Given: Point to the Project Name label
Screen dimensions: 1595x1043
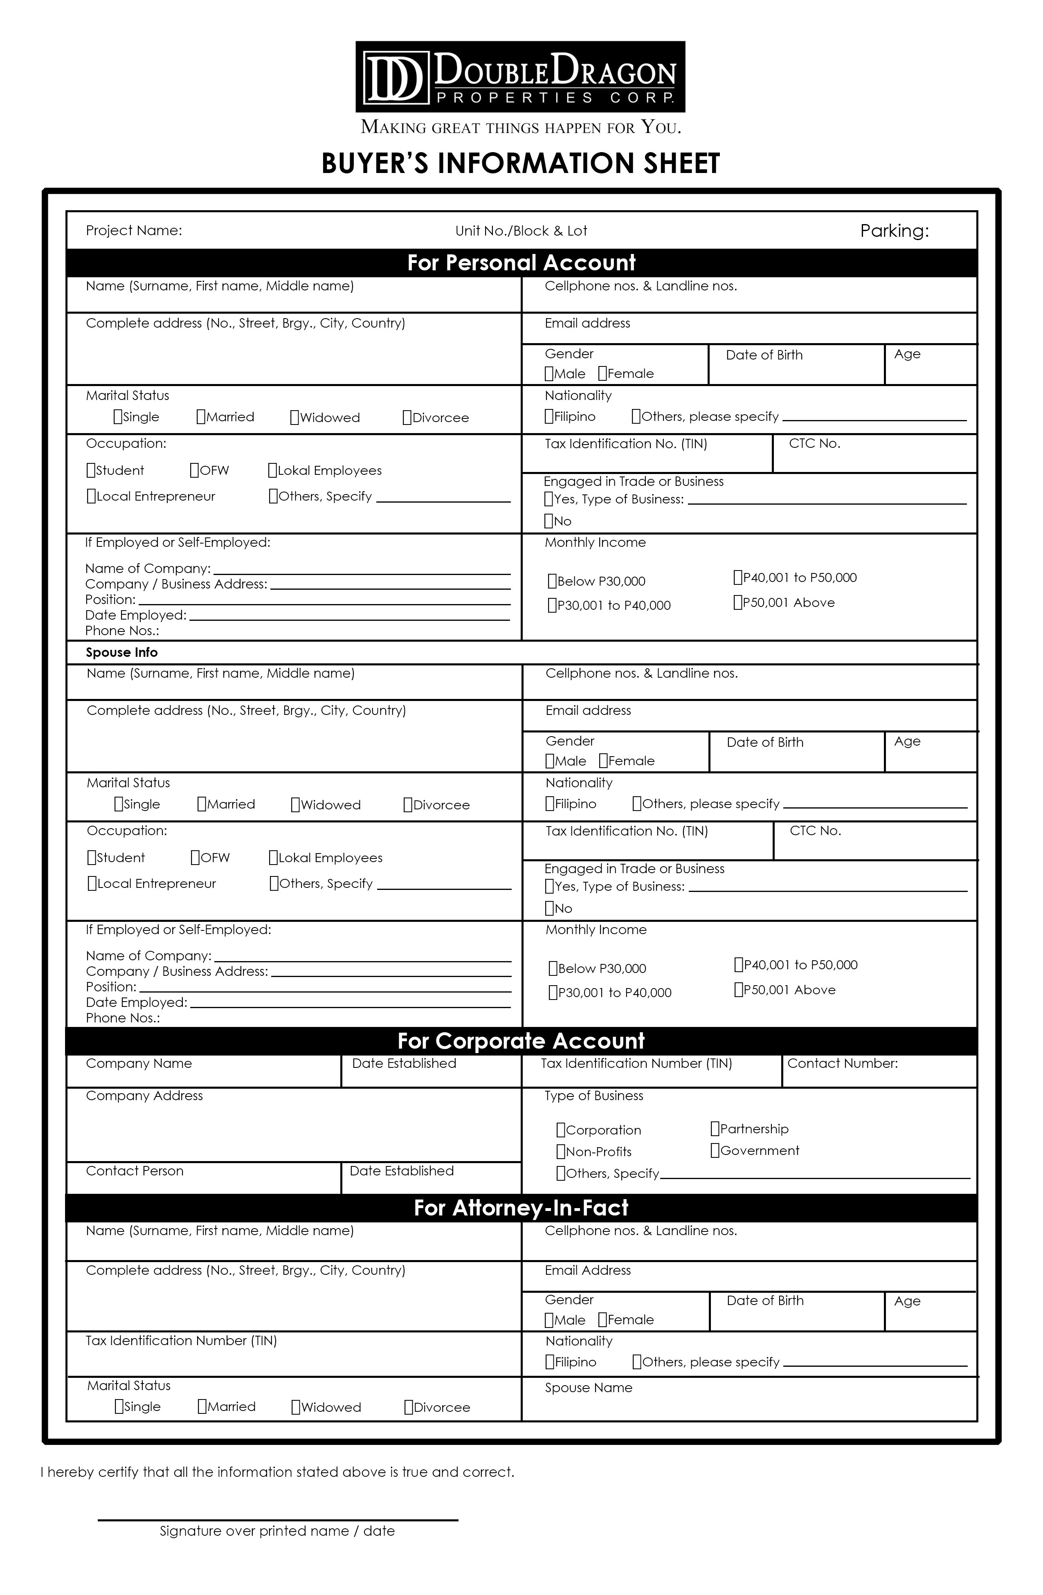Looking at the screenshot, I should [x=134, y=231].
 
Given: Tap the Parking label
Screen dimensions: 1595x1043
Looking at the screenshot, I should [x=894, y=231].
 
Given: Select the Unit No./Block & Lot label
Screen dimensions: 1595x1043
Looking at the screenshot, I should [x=521, y=231].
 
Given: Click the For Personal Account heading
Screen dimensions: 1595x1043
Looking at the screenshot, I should [x=521, y=263].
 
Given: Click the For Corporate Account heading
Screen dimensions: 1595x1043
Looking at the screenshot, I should [x=521, y=1041].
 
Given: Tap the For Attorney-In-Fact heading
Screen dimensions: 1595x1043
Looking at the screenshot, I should [x=521, y=1208].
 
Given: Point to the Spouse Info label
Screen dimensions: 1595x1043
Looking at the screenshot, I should [x=121, y=652].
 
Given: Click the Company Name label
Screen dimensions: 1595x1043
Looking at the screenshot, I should [x=139, y=1064].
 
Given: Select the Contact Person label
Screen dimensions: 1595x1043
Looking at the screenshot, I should [x=134, y=1171].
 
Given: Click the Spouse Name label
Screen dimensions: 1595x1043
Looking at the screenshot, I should [x=588, y=1388].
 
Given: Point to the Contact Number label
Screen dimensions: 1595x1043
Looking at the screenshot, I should [x=842, y=1064].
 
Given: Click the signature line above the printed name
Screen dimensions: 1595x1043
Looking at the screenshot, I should [x=277, y=1519].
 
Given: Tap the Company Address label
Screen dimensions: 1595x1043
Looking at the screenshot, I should [x=144, y=1096].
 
